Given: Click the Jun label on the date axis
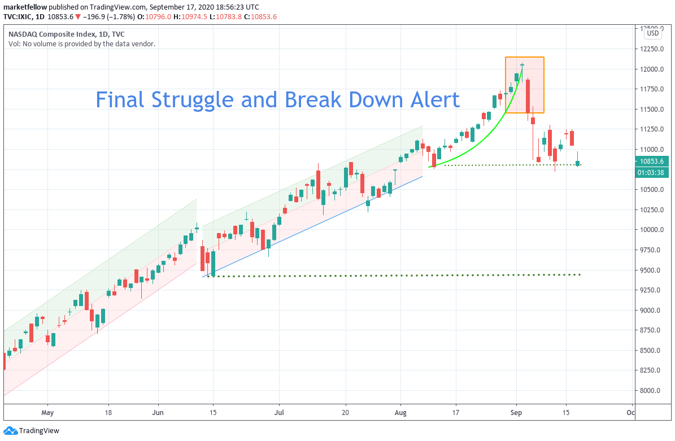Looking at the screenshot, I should pyautogui.click(x=158, y=412).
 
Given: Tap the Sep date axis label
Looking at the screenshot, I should pyautogui.click(x=516, y=412).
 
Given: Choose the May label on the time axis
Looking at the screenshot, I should pyautogui.click(x=47, y=412).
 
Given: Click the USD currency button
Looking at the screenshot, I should pyautogui.click(x=652, y=33).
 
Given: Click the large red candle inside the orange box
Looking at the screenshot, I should pyautogui.click(x=528, y=96).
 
